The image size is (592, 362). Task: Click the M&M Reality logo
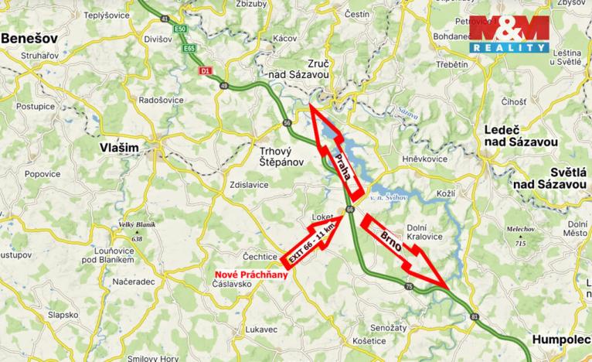click(x=510, y=33)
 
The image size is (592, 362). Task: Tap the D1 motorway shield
click(x=205, y=71)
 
